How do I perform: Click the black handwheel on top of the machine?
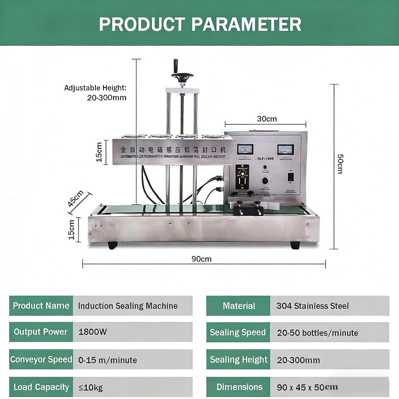182,75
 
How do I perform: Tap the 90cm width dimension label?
201,259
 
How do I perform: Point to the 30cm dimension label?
267,119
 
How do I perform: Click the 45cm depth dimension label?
75,198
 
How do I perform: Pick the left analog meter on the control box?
245,149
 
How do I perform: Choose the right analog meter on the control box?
285,149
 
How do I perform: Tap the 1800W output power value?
92,332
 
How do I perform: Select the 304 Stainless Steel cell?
312,306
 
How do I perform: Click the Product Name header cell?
41,306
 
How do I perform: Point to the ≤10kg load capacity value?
91,387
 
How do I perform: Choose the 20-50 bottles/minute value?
317,333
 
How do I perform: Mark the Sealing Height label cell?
238,360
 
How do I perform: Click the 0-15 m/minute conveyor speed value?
108,360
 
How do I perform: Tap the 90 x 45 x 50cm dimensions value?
307,387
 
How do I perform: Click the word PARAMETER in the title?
246,24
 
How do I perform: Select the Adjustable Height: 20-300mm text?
96,93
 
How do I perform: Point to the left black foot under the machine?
112,245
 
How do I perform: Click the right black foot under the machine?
295,245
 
